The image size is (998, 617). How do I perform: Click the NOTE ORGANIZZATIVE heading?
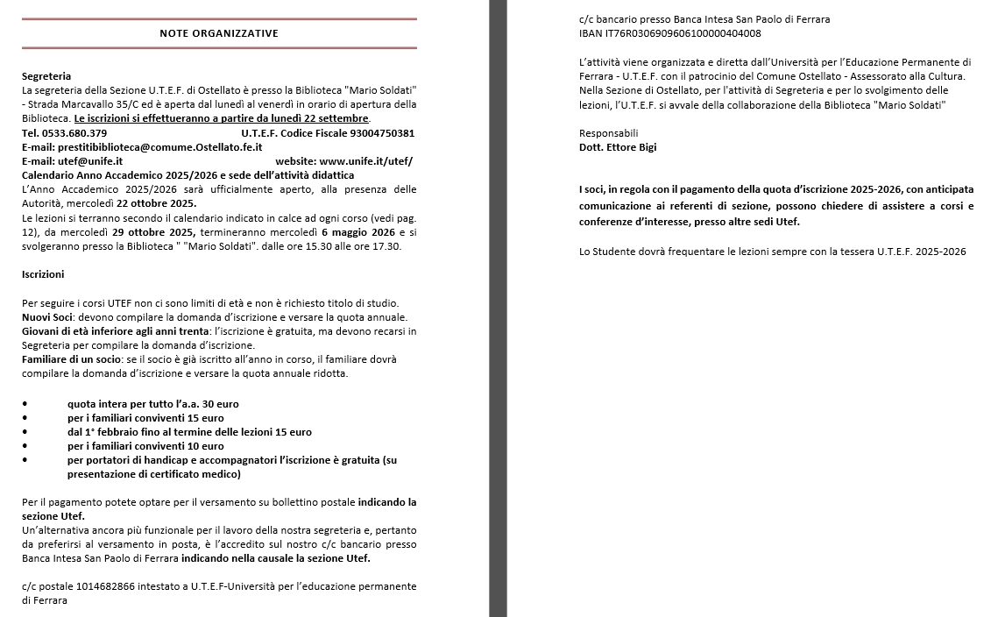tap(219, 33)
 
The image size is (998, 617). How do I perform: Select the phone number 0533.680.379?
tap(78, 133)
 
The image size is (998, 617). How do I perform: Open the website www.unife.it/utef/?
tap(366, 161)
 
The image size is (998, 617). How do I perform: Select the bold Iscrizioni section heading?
tap(43, 274)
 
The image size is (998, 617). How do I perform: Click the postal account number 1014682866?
tap(102, 586)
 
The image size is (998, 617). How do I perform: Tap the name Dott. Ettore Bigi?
tap(618, 147)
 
